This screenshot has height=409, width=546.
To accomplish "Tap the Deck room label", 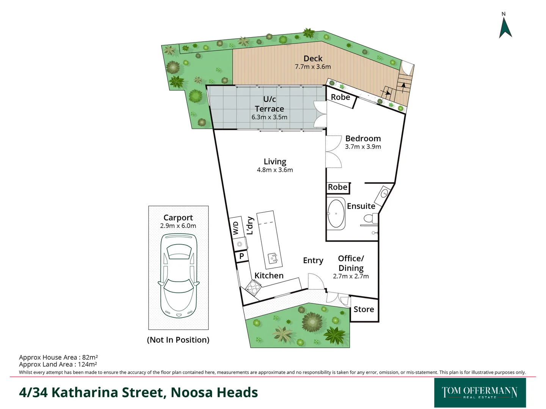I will [313, 58].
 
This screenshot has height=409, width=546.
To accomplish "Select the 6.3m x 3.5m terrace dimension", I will [269, 117].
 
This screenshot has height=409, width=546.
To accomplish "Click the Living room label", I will [275, 162].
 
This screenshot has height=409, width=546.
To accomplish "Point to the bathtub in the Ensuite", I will [336, 214].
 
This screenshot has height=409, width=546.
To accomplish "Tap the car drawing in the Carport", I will [178, 275].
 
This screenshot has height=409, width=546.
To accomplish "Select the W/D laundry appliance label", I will [235, 228].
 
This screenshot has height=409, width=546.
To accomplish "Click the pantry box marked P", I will [241, 256].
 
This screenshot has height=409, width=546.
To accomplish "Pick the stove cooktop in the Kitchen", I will [253, 287].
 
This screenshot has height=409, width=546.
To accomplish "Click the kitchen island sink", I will [273, 258].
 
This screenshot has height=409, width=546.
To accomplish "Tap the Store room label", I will [364, 309].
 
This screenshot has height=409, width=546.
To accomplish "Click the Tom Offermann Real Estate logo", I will [480, 392].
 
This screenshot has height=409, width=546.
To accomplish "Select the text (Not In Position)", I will [178, 340].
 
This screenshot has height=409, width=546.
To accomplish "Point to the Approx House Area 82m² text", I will [58, 357].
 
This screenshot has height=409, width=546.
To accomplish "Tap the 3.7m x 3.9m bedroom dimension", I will [363, 147].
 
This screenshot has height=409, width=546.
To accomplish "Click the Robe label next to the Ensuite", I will [337, 187].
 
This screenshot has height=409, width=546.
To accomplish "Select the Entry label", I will [313, 261].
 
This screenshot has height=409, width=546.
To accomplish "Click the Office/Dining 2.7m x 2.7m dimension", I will [351, 276].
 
